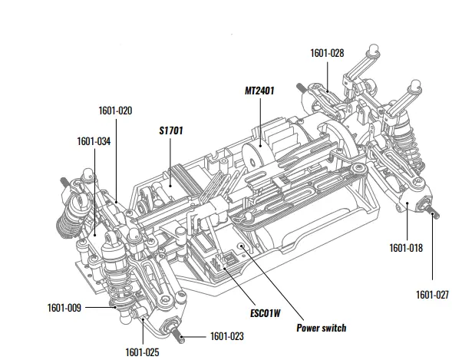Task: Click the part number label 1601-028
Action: pos(327,53)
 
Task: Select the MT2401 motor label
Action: pos(259,90)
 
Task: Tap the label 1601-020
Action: pos(115,110)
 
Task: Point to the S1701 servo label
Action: pos(170,131)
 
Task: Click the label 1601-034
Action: pos(94,141)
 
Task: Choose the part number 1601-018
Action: pos(405,247)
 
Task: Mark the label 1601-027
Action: pos(432,294)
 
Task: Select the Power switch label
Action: pos(321,328)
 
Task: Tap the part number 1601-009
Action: pos(64,308)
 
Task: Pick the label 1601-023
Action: pos(226,335)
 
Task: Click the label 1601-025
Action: pos(143,352)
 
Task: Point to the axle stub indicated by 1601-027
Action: pos(433,214)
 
